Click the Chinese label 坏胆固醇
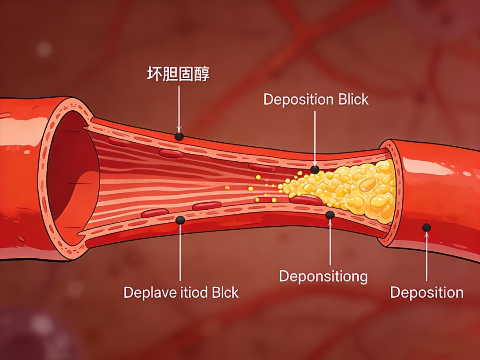(x=178, y=74)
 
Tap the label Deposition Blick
(x=316, y=99)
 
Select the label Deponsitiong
(x=323, y=276)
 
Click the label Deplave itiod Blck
(x=181, y=292)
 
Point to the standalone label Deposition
(x=427, y=292)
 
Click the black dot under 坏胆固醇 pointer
(x=179, y=136)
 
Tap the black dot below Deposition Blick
(x=315, y=169)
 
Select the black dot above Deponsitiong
(x=330, y=215)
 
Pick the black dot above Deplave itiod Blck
(x=180, y=220)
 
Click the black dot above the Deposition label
(x=427, y=228)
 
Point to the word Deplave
(x=145, y=292)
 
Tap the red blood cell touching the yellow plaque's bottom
(x=306, y=200)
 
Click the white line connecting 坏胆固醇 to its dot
(x=179, y=107)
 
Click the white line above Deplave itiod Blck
(x=180, y=253)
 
